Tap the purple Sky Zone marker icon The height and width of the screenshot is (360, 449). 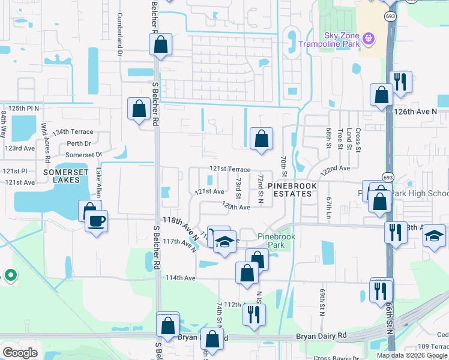369,39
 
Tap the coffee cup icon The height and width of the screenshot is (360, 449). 96,221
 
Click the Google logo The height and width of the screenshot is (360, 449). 20,353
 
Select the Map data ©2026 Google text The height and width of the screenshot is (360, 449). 412,355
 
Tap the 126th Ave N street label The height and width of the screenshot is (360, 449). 421,112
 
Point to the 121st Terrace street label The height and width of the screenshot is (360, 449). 230,170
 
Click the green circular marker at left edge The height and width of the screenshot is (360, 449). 10,275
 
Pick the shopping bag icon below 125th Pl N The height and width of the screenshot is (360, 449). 139,109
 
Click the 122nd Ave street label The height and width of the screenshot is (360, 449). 335,170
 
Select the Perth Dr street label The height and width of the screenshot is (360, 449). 79,143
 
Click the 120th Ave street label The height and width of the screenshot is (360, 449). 236,206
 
